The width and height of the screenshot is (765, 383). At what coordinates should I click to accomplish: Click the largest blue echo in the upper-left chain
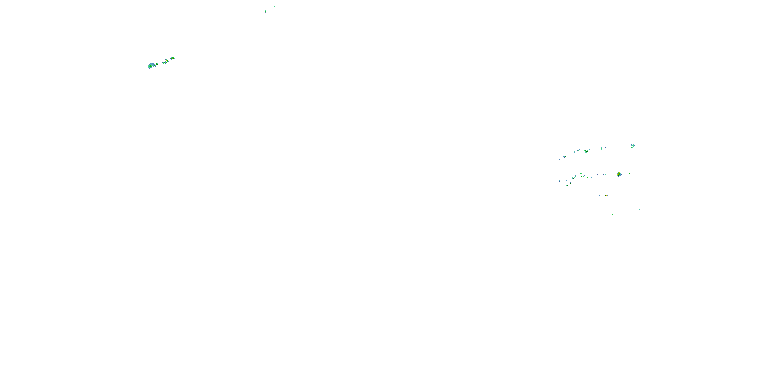point(151,65)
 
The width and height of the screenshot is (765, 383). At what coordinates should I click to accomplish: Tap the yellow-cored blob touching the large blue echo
point(157,64)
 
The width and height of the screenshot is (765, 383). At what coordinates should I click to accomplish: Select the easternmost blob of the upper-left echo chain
point(173,58)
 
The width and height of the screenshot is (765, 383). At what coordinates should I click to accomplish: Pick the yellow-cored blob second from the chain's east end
point(167,61)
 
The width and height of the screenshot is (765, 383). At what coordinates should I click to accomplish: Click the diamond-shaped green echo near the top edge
point(266,11)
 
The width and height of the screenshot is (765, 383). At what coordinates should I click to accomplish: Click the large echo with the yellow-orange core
point(619,174)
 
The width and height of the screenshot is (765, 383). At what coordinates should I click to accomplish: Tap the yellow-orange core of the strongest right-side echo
point(619,174)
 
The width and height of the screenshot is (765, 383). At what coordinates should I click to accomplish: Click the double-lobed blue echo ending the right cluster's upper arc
point(633,145)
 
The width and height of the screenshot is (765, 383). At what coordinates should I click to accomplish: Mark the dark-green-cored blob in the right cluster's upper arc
point(586,151)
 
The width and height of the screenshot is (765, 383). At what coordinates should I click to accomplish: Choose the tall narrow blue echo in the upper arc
point(601,148)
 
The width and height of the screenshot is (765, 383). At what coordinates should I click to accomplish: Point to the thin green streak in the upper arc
point(621,148)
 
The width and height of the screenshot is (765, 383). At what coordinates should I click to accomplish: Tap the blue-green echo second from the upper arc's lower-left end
point(564,157)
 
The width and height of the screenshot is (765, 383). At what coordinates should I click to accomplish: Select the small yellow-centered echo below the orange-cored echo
point(606,196)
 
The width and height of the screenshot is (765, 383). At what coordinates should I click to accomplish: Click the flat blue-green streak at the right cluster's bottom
point(617,216)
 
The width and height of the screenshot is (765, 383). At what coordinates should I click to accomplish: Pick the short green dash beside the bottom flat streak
point(612,215)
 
